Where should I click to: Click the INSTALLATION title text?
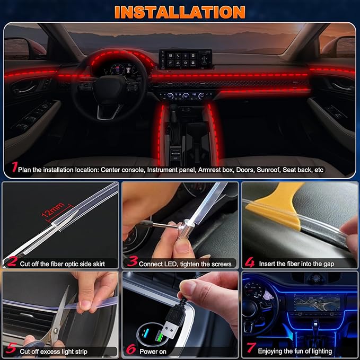[x=180, y=12]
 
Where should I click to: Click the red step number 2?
[x=12, y=261]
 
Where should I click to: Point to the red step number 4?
[x=250, y=262]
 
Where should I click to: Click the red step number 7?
[x=250, y=350]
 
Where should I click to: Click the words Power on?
[x=153, y=351]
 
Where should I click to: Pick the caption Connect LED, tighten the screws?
[x=186, y=264]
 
